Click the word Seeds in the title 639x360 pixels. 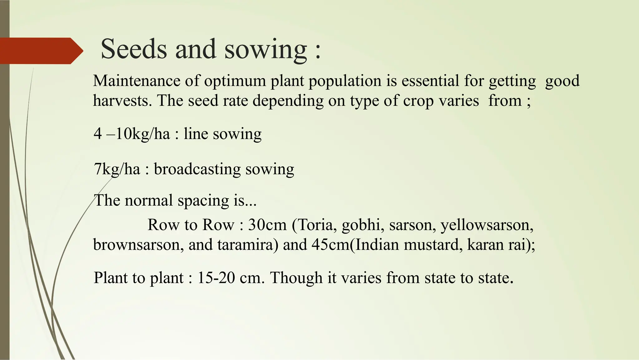pos(134,49)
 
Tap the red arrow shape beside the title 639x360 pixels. pos(41,51)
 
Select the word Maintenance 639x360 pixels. pos(137,81)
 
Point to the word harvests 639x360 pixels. pos(122,101)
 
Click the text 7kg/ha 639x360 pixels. pos(117,170)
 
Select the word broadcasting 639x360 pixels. pos(197,170)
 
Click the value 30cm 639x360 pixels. pos(267,225)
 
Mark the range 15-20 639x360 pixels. pos(216,278)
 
